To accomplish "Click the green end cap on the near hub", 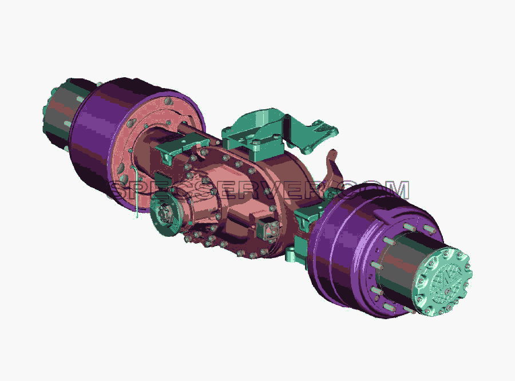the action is [443, 282].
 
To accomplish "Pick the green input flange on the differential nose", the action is [166, 214].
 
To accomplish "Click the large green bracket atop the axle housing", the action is [259, 132].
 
